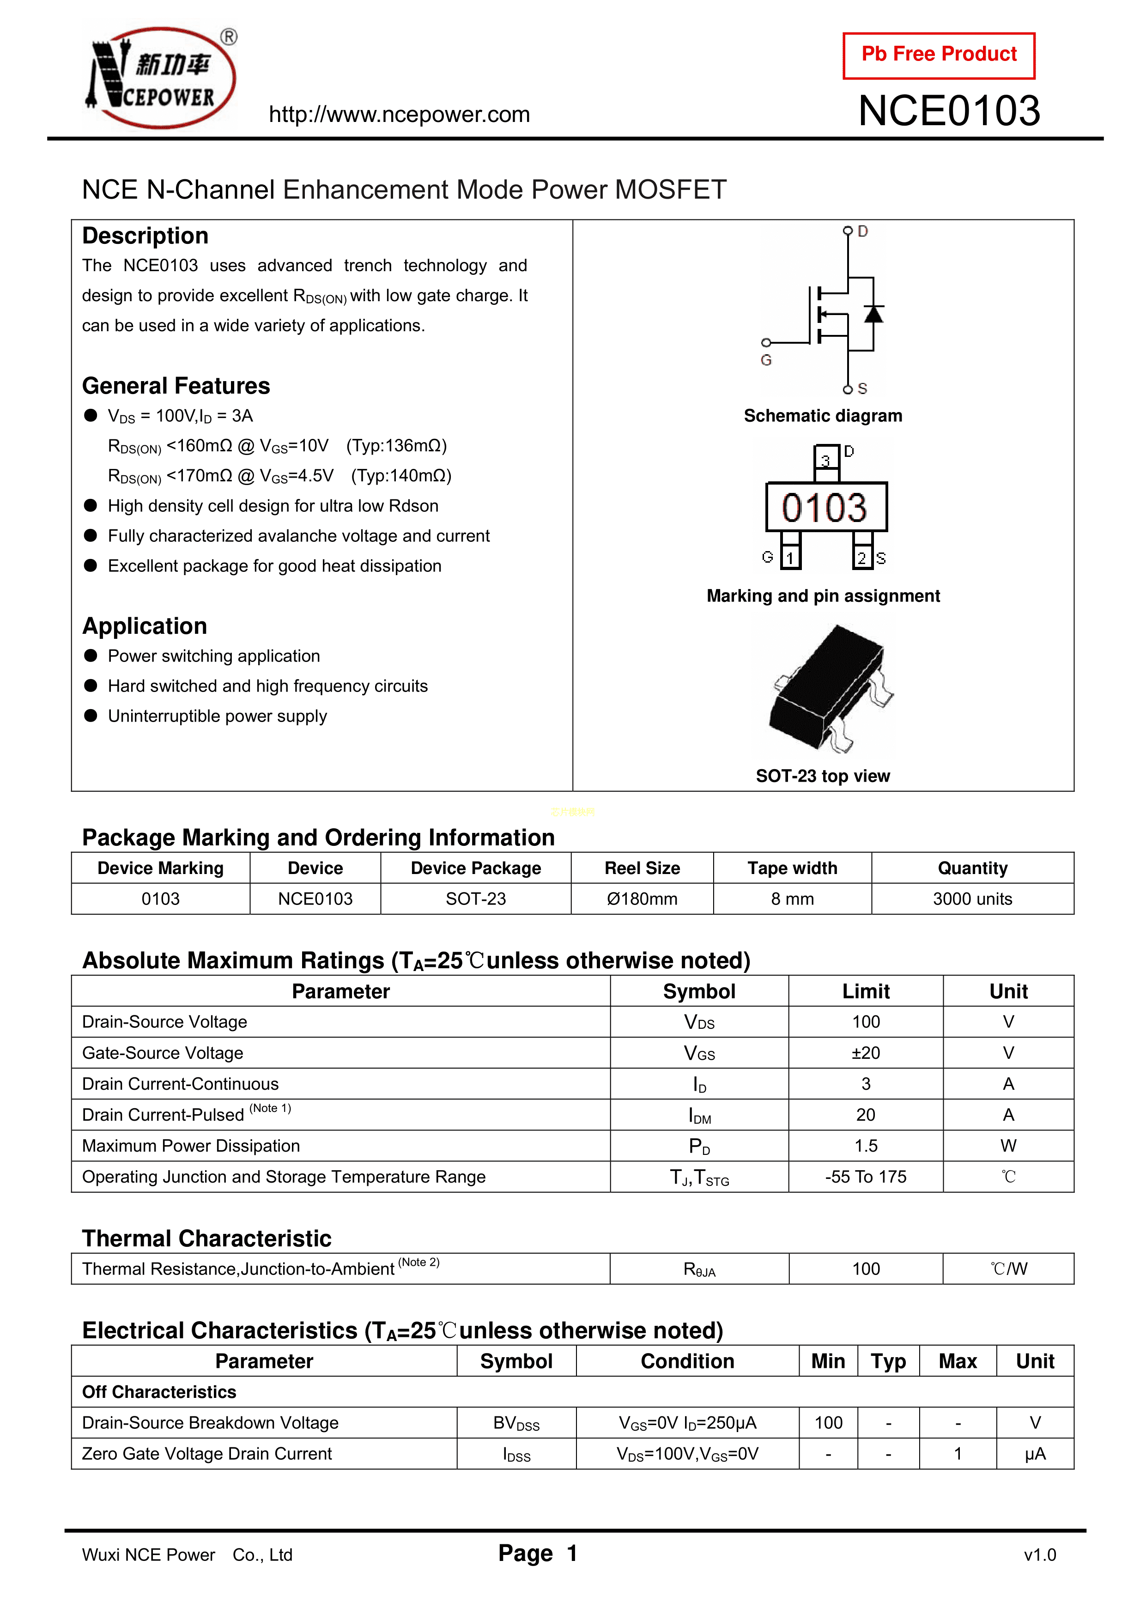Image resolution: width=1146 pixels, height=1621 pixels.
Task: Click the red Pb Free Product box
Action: pyautogui.click(x=939, y=55)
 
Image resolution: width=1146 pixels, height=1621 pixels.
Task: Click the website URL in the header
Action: pyautogui.click(x=399, y=115)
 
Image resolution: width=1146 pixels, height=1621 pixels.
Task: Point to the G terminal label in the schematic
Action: pyautogui.click(x=766, y=360)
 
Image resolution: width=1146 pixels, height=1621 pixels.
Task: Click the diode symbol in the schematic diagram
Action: pyautogui.click(x=873, y=314)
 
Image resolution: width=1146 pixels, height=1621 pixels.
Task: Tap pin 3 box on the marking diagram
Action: pyautogui.click(x=825, y=460)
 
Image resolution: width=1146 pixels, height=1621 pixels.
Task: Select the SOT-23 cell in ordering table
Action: pyautogui.click(x=476, y=899)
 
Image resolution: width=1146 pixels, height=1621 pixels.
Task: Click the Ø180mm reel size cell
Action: pyautogui.click(x=642, y=899)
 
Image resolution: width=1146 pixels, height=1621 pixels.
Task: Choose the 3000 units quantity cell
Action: pyautogui.click(x=972, y=899)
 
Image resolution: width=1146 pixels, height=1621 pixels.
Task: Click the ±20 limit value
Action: pyautogui.click(x=866, y=1053)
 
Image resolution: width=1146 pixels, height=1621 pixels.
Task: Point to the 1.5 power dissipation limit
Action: pyautogui.click(x=866, y=1146)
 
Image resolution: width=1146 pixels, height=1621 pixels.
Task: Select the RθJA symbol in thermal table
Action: pyautogui.click(x=699, y=1269)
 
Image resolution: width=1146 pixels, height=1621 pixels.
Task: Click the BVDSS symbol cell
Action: pyautogui.click(x=516, y=1423)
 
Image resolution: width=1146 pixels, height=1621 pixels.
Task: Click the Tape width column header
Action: pyautogui.click(x=792, y=868)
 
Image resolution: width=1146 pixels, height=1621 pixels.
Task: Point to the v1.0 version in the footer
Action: pyautogui.click(x=1039, y=1554)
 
